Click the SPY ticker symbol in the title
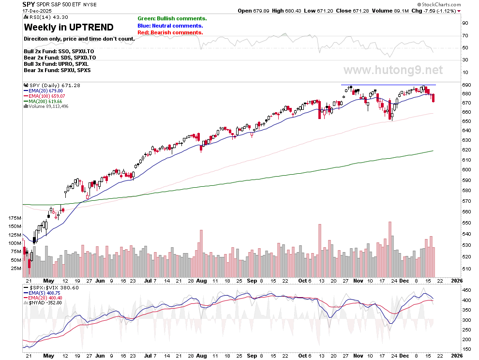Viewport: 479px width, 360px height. (29, 4)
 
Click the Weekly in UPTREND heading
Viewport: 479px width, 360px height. (69, 27)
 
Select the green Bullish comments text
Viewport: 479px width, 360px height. (172, 18)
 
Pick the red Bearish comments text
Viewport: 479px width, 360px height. (170, 32)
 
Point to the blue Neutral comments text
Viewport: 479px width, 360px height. (170, 26)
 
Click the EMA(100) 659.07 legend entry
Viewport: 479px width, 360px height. (45, 96)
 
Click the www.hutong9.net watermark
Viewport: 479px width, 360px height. (393, 70)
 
